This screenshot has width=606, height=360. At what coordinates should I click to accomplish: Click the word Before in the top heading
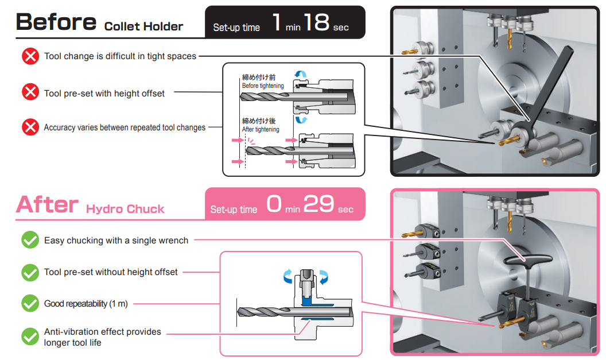pyautogui.click(x=56, y=22)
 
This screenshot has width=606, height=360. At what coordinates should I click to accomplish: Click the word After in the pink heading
pyautogui.click(x=47, y=204)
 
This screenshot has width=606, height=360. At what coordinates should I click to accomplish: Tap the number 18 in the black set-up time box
pyautogui.click(x=317, y=22)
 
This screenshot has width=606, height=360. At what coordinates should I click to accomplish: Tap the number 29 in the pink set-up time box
pyautogui.click(x=318, y=203)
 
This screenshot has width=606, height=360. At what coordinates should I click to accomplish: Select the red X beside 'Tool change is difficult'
pyautogui.click(x=30, y=56)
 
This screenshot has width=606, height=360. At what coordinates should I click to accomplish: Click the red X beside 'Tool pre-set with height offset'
pyautogui.click(x=30, y=92)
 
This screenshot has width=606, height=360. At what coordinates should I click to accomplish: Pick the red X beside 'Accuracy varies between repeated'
pyautogui.click(x=30, y=127)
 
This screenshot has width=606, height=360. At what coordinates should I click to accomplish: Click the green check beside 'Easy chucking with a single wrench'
pyautogui.click(x=30, y=240)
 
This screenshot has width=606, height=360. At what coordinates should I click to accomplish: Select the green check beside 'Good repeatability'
pyautogui.click(x=30, y=303)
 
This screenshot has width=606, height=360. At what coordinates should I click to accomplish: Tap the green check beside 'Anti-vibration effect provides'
pyautogui.click(x=30, y=336)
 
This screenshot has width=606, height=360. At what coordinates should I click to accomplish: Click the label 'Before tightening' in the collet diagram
pyautogui.click(x=263, y=86)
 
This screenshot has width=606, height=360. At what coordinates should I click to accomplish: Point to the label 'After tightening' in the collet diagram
pyautogui.click(x=261, y=130)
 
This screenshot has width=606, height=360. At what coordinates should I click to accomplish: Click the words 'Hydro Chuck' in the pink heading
pyautogui.click(x=125, y=209)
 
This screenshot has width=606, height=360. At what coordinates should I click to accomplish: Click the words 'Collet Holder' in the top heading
pyautogui.click(x=143, y=26)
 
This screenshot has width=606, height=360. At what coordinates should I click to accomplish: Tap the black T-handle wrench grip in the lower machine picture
pyautogui.click(x=529, y=260)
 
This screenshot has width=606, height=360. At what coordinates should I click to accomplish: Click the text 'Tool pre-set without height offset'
pyautogui.click(x=111, y=272)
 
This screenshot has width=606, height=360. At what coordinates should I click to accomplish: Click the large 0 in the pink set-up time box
pyautogui.click(x=274, y=203)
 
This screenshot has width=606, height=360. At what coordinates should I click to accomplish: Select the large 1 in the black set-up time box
pyautogui.click(x=277, y=22)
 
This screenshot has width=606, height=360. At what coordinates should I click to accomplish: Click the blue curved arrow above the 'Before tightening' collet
pyautogui.click(x=301, y=74)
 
